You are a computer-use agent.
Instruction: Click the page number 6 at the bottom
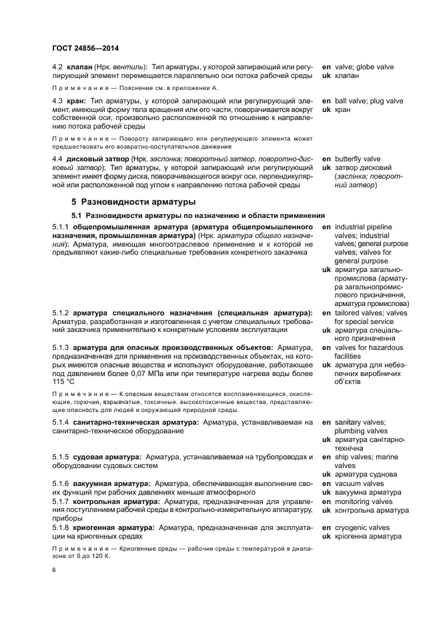54,570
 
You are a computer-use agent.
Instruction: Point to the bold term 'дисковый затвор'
97,159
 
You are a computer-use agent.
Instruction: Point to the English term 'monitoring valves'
364,501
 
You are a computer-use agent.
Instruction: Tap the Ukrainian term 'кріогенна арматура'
368,536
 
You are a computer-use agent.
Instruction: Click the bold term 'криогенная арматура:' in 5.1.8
113,527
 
